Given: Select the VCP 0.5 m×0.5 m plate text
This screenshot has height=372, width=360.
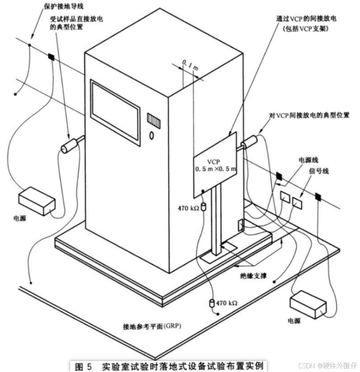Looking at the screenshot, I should tap(215, 165).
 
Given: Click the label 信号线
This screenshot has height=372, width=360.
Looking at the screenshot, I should tap(318, 171).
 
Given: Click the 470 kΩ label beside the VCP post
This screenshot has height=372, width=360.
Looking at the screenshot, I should tap(188, 208).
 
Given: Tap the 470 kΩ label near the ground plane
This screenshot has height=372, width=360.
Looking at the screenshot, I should tap(227, 303).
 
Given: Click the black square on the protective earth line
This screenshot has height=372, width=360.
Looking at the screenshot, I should tap(50, 57).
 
